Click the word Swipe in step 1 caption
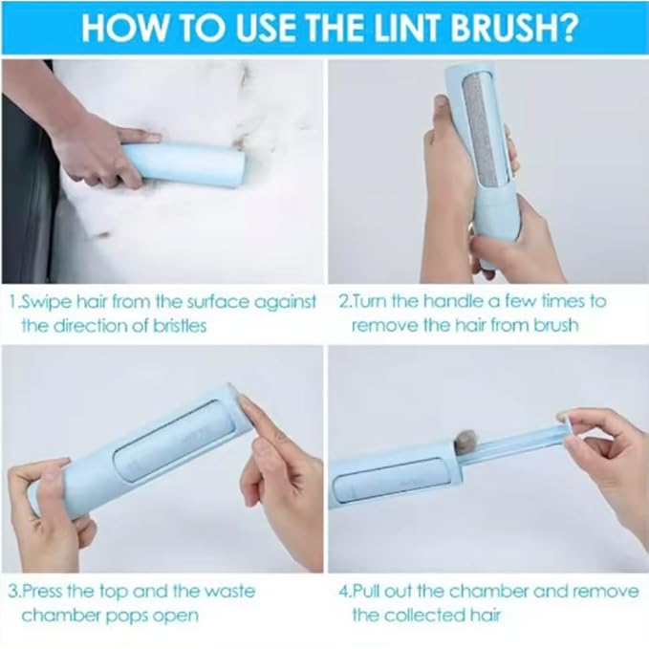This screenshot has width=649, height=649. (x=47, y=301)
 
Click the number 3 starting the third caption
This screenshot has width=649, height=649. (x=13, y=591)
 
